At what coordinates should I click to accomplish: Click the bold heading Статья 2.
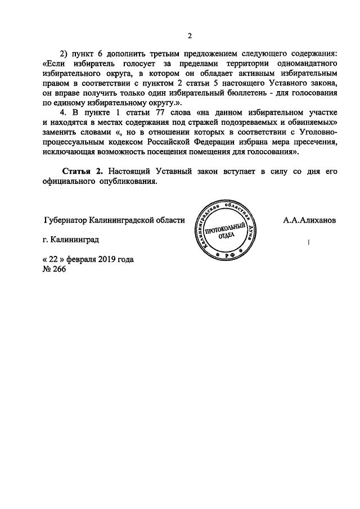pyautogui.click(x=79, y=172)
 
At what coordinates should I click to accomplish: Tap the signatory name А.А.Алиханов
pyautogui.click(x=310, y=220)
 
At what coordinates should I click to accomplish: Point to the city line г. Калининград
pyautogui.click(x=70, y=240)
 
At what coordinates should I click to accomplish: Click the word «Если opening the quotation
pyautogui.click(x=56, y=62)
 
